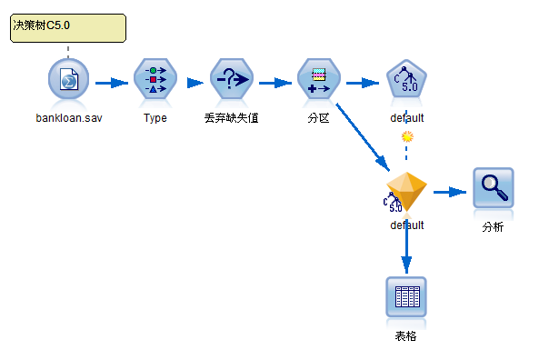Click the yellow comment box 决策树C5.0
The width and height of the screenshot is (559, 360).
(68, 26)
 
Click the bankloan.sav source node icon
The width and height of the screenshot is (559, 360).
(68, 82)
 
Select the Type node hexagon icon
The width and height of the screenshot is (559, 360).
(155, 82)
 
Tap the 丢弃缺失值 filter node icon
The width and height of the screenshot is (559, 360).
(232, 82)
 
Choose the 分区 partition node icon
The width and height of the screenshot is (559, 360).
(318, 82)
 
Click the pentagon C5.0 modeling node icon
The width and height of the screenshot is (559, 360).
(406, 82)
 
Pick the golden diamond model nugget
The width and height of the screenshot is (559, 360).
(405, 192)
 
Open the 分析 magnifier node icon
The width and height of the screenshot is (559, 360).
(493, 189)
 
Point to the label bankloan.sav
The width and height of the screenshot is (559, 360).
(69, 118)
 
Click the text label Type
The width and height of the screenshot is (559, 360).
(155, 118)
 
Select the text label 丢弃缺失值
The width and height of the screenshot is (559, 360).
(232, 118)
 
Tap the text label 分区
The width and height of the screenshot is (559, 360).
(318, 118)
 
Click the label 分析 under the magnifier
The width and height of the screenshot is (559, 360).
(493, 226)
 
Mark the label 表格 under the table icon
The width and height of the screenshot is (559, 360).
(406, 336)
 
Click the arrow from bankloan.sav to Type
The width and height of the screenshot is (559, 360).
(112, 83)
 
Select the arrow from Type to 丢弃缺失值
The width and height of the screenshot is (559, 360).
(195, 83)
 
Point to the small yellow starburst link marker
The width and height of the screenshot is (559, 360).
(407, 137)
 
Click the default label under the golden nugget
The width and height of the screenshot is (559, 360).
(406, 225)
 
